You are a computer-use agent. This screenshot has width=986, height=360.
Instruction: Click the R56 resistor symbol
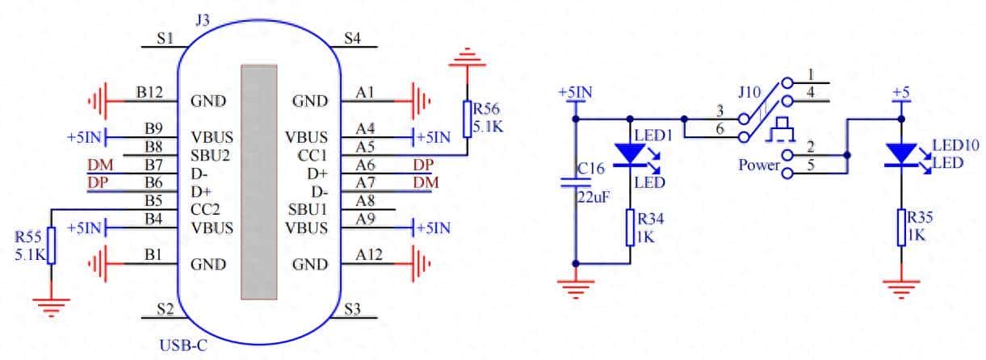click(467, 118)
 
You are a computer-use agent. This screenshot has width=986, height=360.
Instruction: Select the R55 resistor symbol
click(51, 246)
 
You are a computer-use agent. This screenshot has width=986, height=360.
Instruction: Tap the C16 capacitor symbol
click(575, 182)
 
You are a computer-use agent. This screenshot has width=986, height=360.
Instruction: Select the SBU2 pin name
click(208, 155)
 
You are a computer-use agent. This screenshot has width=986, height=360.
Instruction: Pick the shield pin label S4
click(352, 38)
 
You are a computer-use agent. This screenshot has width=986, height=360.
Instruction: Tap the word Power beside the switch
click(757, 165)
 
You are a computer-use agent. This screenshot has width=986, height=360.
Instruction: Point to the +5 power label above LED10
click(900, 94)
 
